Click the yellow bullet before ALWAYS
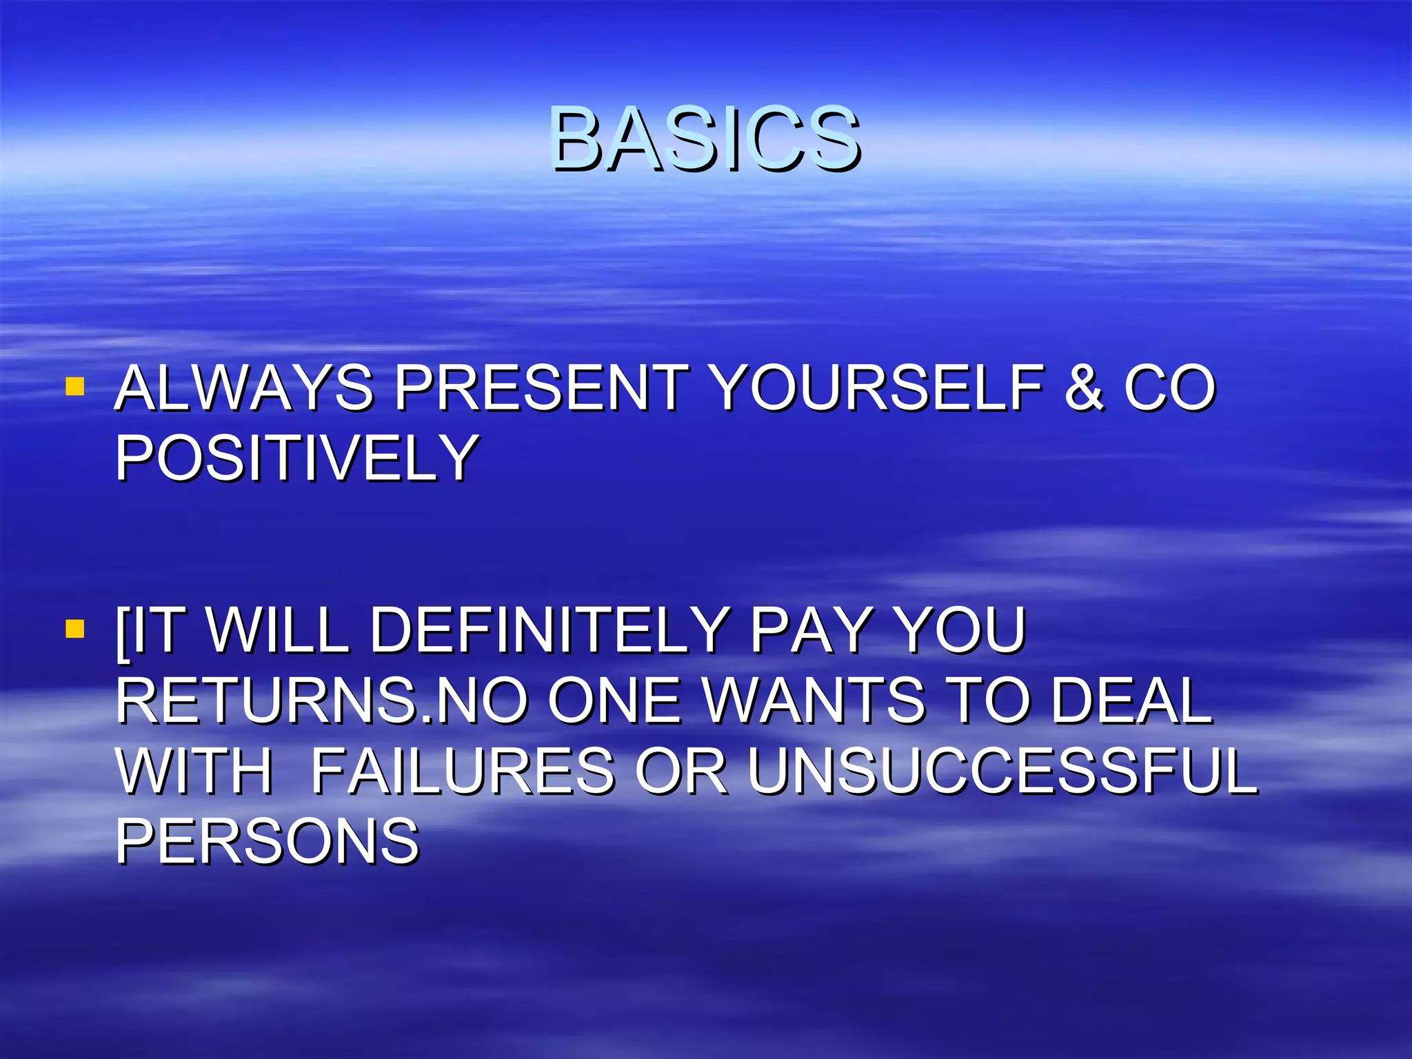click(x=74, y=386)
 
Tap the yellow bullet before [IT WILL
click(x=74, y=629)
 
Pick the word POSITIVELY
click(x=296, y=458)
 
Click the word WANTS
click(x=814, y=700)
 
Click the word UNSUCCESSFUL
click(x=1002, y=771)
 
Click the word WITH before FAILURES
click(x=194, y=771)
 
